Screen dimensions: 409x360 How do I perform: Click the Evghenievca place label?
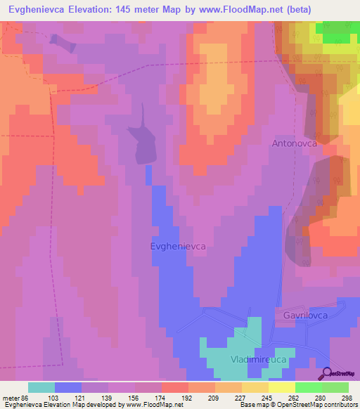[x=178, y=246]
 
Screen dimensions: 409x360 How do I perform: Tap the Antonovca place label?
[x=295, y=143]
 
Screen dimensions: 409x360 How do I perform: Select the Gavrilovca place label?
[x=307, y=316]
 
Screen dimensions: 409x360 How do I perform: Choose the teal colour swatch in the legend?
[x=41, y=387]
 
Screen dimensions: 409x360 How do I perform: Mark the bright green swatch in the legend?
[x=309, y=387]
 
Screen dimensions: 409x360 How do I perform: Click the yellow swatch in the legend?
[x=282, y=387]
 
